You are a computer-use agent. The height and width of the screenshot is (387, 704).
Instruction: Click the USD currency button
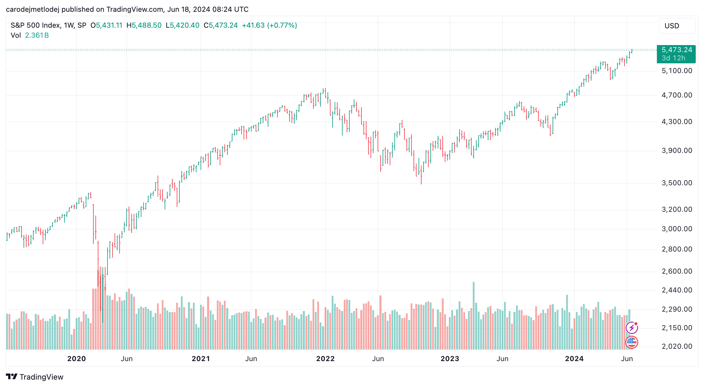(x=677, y=26)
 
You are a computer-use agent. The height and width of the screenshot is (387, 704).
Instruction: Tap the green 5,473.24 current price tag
(x=676, y=54)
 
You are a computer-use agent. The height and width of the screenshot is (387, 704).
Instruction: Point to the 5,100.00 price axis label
(x=677, y=71)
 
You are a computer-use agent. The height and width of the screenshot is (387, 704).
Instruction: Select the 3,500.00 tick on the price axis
(x=677, y=183)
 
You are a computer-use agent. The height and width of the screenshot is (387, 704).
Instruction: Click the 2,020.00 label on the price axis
(x=677, y=346)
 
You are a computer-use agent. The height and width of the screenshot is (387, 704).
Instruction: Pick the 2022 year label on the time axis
(x=325, y=359)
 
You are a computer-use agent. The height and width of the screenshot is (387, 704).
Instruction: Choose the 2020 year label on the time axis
(x=76, y=359)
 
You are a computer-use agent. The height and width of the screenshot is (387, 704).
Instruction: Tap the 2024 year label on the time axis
(x=574, y=359)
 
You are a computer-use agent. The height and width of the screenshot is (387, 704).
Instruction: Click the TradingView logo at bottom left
(x=34, y=377)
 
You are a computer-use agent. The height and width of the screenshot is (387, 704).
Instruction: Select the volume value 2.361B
(x=37, y=35)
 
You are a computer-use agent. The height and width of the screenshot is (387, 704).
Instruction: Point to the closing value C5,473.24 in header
(x=221, y=25)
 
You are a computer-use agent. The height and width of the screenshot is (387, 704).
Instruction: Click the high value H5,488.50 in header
(x=144, y=25)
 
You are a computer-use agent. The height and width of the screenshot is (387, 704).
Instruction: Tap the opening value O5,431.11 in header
(x=106, y=25)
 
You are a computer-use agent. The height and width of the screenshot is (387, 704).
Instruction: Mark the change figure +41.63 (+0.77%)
(x=269, y=25)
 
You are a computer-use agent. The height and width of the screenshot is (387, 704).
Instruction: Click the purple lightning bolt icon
(x=632, y=328)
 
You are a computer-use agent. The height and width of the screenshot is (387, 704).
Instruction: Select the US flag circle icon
(x=632, y=342)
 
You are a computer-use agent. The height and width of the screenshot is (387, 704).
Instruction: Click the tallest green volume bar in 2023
(x=474, y=315)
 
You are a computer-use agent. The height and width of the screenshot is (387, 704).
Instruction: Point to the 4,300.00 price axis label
(x=677, y=122)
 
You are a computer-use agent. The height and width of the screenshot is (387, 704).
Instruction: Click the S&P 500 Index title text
(x=35, y=25)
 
